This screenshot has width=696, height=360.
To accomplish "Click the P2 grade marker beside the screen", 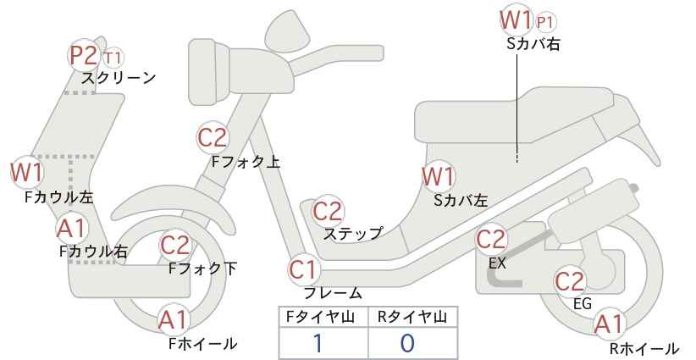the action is click(x=85, y=56).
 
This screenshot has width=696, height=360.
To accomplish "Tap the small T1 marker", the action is click(x=113, y=58).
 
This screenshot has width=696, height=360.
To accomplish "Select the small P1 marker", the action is click(x=545, y=22).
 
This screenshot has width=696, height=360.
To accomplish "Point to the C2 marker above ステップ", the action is click(x=328, y=211).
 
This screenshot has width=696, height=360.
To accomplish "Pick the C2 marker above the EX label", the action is click(x=491, y=240).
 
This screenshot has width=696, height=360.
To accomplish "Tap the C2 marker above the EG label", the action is click(x=571, y=281).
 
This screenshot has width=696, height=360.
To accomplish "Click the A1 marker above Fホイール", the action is click(x=174, y=321).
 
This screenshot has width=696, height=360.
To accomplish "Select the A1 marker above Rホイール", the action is click(x=609, y=324).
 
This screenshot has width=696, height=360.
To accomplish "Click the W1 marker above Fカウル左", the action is click(x=26, y=172).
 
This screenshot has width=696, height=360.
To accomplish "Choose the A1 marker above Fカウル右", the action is click(x=72, y=229).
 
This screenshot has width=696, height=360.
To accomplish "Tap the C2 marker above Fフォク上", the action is click(x=213, y=137).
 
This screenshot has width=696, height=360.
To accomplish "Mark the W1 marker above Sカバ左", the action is click(x=439, y=177).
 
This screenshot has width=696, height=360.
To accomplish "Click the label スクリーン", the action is click(x=119, y=78).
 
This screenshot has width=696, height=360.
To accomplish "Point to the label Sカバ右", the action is click(x=533, y=44).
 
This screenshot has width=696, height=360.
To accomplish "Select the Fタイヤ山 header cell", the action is click(x=323, y=318).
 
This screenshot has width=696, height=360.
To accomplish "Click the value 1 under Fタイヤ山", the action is click(x=318, y=343).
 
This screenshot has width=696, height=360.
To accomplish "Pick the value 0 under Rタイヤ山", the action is click(x=407, y=343).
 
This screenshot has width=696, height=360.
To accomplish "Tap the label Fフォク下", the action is click(x=203, y=269).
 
